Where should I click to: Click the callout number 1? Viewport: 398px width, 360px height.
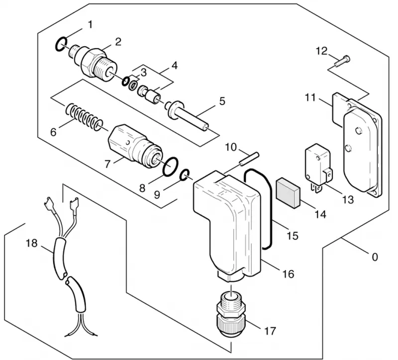[90, 25]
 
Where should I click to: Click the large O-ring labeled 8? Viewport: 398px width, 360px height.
[171, 166]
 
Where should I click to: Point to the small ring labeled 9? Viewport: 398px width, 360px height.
[185, 176]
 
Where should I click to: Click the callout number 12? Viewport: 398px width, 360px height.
[321, 51]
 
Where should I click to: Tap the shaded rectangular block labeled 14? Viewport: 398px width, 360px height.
[288, 193]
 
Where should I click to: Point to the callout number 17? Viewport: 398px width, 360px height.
[270, 331]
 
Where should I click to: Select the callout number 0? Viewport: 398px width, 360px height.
[375, 257]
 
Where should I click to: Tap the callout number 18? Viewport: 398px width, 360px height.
[32, 243]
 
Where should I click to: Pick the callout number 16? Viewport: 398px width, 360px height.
[289, 274]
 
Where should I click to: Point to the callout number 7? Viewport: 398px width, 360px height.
[107, 164]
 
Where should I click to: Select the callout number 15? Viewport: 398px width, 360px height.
[292, 236]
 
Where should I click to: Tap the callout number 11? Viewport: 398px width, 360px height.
[310, 97]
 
